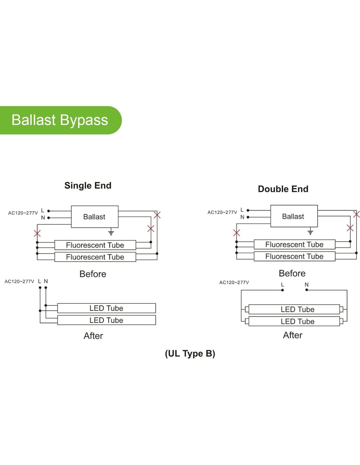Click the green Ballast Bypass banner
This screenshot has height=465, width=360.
(60, 120)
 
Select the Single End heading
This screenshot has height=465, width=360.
(88, 185)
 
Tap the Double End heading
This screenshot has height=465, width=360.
(283, 189)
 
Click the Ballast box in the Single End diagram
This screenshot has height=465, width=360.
(95, 216)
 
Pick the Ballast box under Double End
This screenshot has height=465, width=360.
(294, 216)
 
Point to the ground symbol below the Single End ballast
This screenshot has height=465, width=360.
(111, 233)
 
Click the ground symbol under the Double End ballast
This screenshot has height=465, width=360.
(310, 232)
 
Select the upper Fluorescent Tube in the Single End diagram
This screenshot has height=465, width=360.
(95, 245)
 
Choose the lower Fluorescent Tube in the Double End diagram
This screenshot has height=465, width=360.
(294, 256)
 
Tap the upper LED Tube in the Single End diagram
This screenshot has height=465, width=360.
(106, 308)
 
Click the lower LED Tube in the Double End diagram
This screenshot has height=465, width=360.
(297, 321)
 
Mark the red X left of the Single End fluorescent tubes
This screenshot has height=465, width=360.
(37, 233)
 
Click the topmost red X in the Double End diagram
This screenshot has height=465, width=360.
(356, 214)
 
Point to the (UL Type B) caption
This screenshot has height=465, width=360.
(190, 353)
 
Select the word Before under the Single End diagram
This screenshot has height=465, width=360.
(93, 274)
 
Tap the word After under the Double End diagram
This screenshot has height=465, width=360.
(293, 335)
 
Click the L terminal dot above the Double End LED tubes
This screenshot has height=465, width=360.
(282, 290)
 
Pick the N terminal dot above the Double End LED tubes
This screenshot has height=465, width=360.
(307, 290)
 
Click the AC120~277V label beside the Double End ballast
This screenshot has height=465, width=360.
(222, 212)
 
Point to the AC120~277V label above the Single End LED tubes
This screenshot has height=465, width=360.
(19, 281)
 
